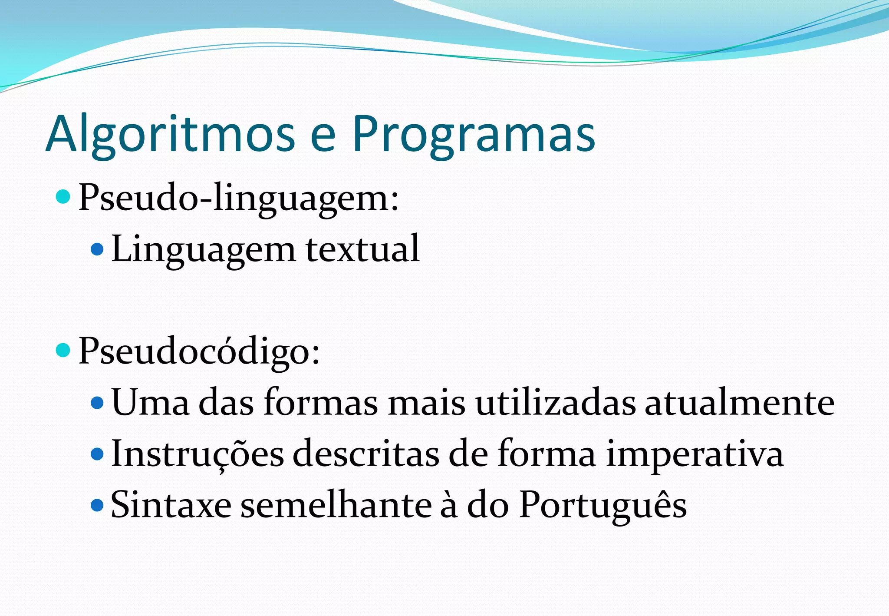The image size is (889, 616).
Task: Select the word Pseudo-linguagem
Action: (x=238, y=198)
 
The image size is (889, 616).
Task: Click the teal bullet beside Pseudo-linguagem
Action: (x=63, y=197)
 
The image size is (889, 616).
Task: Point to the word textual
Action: (x=363, y=249)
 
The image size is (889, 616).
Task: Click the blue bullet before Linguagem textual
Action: (x=97, y=249)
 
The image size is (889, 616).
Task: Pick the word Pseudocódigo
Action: (x=199, y=351)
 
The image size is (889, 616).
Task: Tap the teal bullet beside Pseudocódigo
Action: (x=63, y=350)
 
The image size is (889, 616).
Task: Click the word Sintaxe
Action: (x=171, y=505)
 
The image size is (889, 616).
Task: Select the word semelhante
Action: (x=336, y=505)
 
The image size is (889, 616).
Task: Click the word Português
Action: (x=603, y=505)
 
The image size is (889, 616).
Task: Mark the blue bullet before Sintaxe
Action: (x=97, y=505)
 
